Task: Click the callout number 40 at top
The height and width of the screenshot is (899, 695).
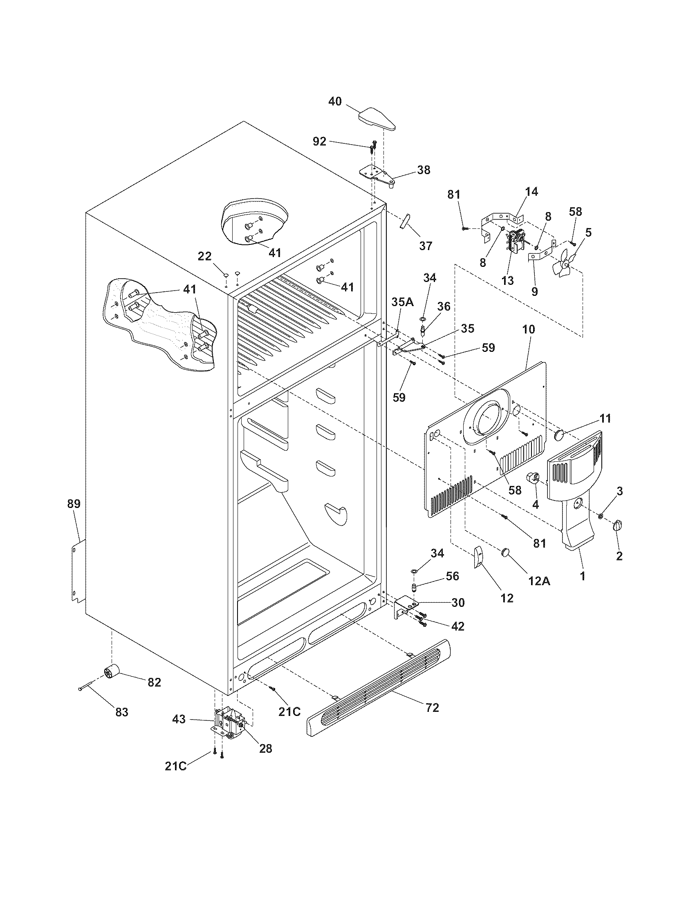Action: pos(335,101)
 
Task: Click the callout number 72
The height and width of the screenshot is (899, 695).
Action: pos(432,707)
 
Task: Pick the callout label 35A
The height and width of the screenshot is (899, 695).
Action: pos(402,302)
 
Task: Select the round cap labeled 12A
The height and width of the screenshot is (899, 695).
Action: pos(507,552)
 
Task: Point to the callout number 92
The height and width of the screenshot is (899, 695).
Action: pos(320,141)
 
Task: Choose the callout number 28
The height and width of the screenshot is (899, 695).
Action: pos(266,748)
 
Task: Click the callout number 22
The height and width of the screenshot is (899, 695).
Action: pos(205,257)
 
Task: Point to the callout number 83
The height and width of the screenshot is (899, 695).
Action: pos(121,712)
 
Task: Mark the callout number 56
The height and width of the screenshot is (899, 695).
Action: pos(452,576)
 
